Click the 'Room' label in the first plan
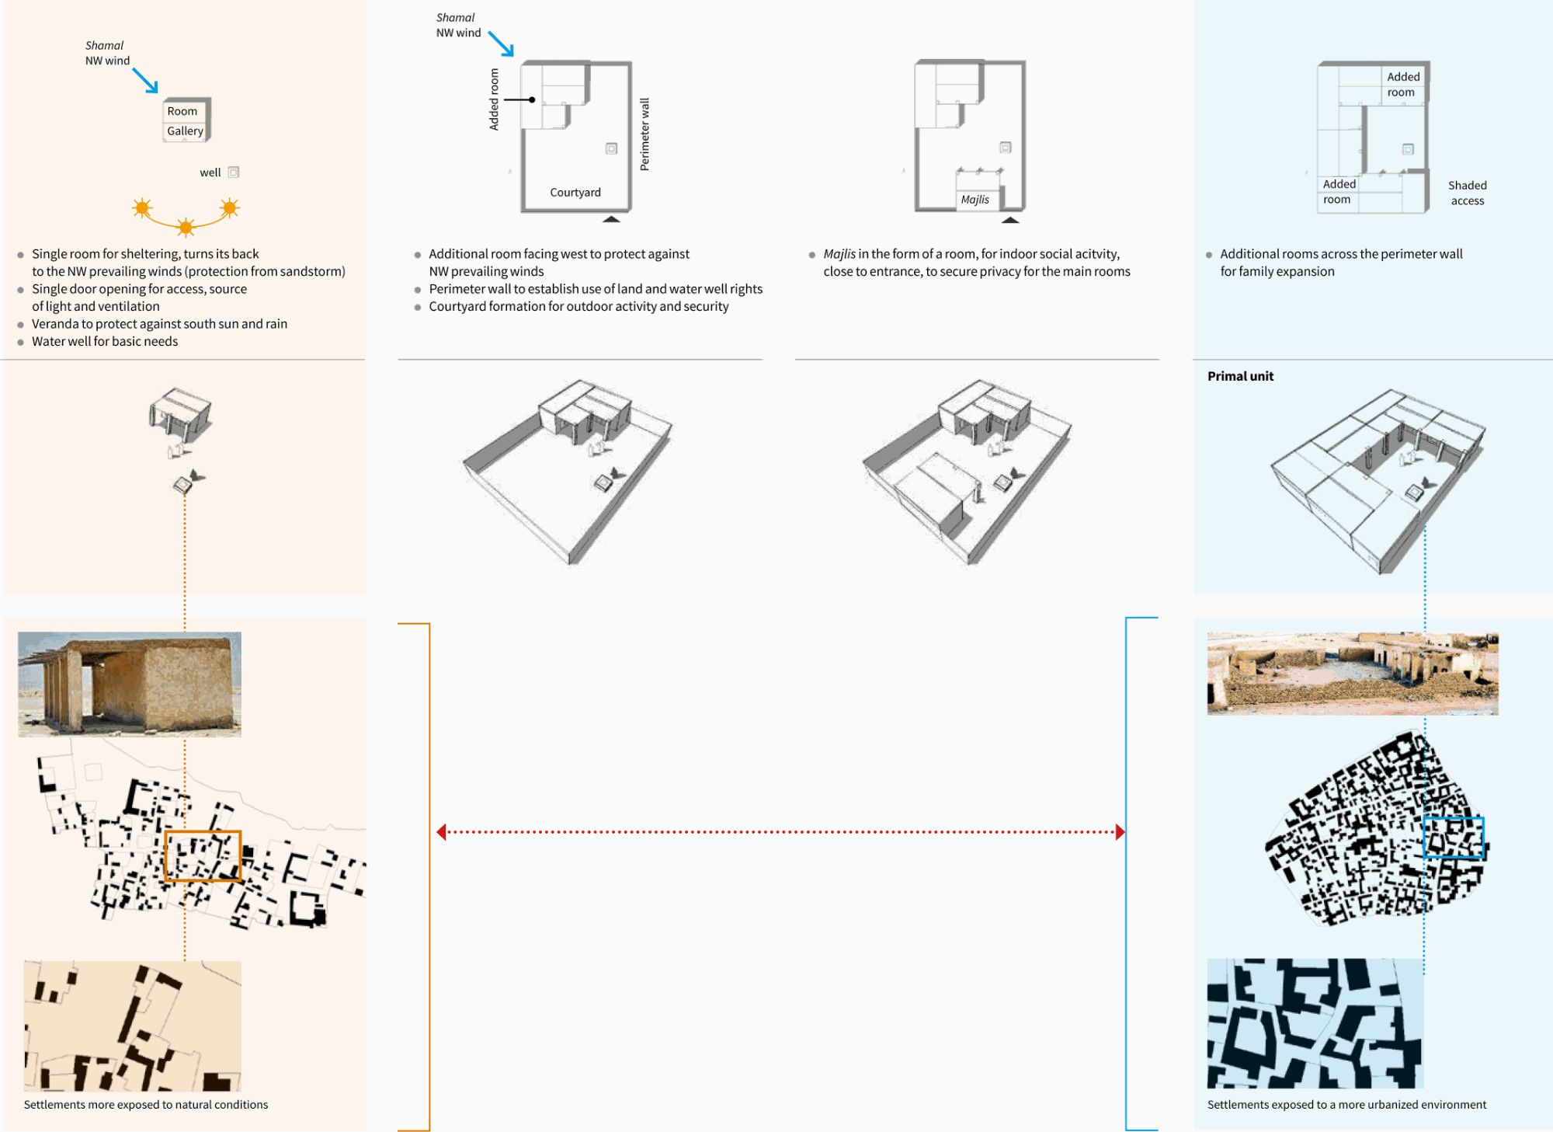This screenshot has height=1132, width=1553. tap(182, 111)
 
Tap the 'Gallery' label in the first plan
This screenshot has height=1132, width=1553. tap(185, 131)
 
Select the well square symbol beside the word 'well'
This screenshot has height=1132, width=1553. tap(234, 172)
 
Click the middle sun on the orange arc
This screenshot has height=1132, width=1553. tap(186, 227)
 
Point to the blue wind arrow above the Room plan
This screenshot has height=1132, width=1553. tap(145, 81)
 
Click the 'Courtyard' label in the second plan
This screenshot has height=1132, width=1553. tap(575, 193)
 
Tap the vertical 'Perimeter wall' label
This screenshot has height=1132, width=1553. tap(644, 134)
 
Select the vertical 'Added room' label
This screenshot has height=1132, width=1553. tap(494, 99)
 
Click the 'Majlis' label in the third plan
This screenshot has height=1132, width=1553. tap(975, 200)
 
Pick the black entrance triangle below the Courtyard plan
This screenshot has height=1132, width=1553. tap(611, 219)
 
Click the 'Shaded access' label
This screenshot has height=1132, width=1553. tap(1468, 193)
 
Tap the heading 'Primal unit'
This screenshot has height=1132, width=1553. tap(1240, 376)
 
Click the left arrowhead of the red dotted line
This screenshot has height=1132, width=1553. tap(441, 832)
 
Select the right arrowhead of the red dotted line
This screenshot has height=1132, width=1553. tap(1120, 832)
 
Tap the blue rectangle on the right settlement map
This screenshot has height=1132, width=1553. tap(1454, 819)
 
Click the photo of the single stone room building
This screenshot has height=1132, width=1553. tap(130, 684)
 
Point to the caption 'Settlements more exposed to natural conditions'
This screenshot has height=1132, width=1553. tap(146, 1105)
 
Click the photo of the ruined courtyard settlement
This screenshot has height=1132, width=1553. tap(1353, 674)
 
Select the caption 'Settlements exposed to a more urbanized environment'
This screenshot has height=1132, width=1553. tap(1346, 1105)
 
